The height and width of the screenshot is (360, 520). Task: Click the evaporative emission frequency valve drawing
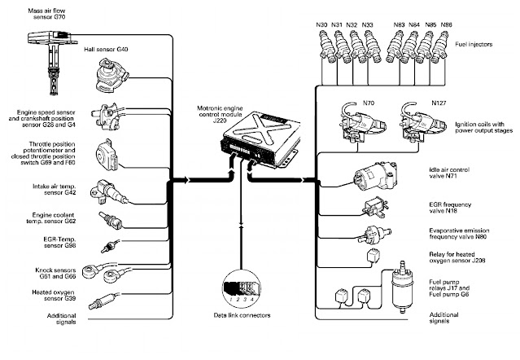click(x=377, y=235)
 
